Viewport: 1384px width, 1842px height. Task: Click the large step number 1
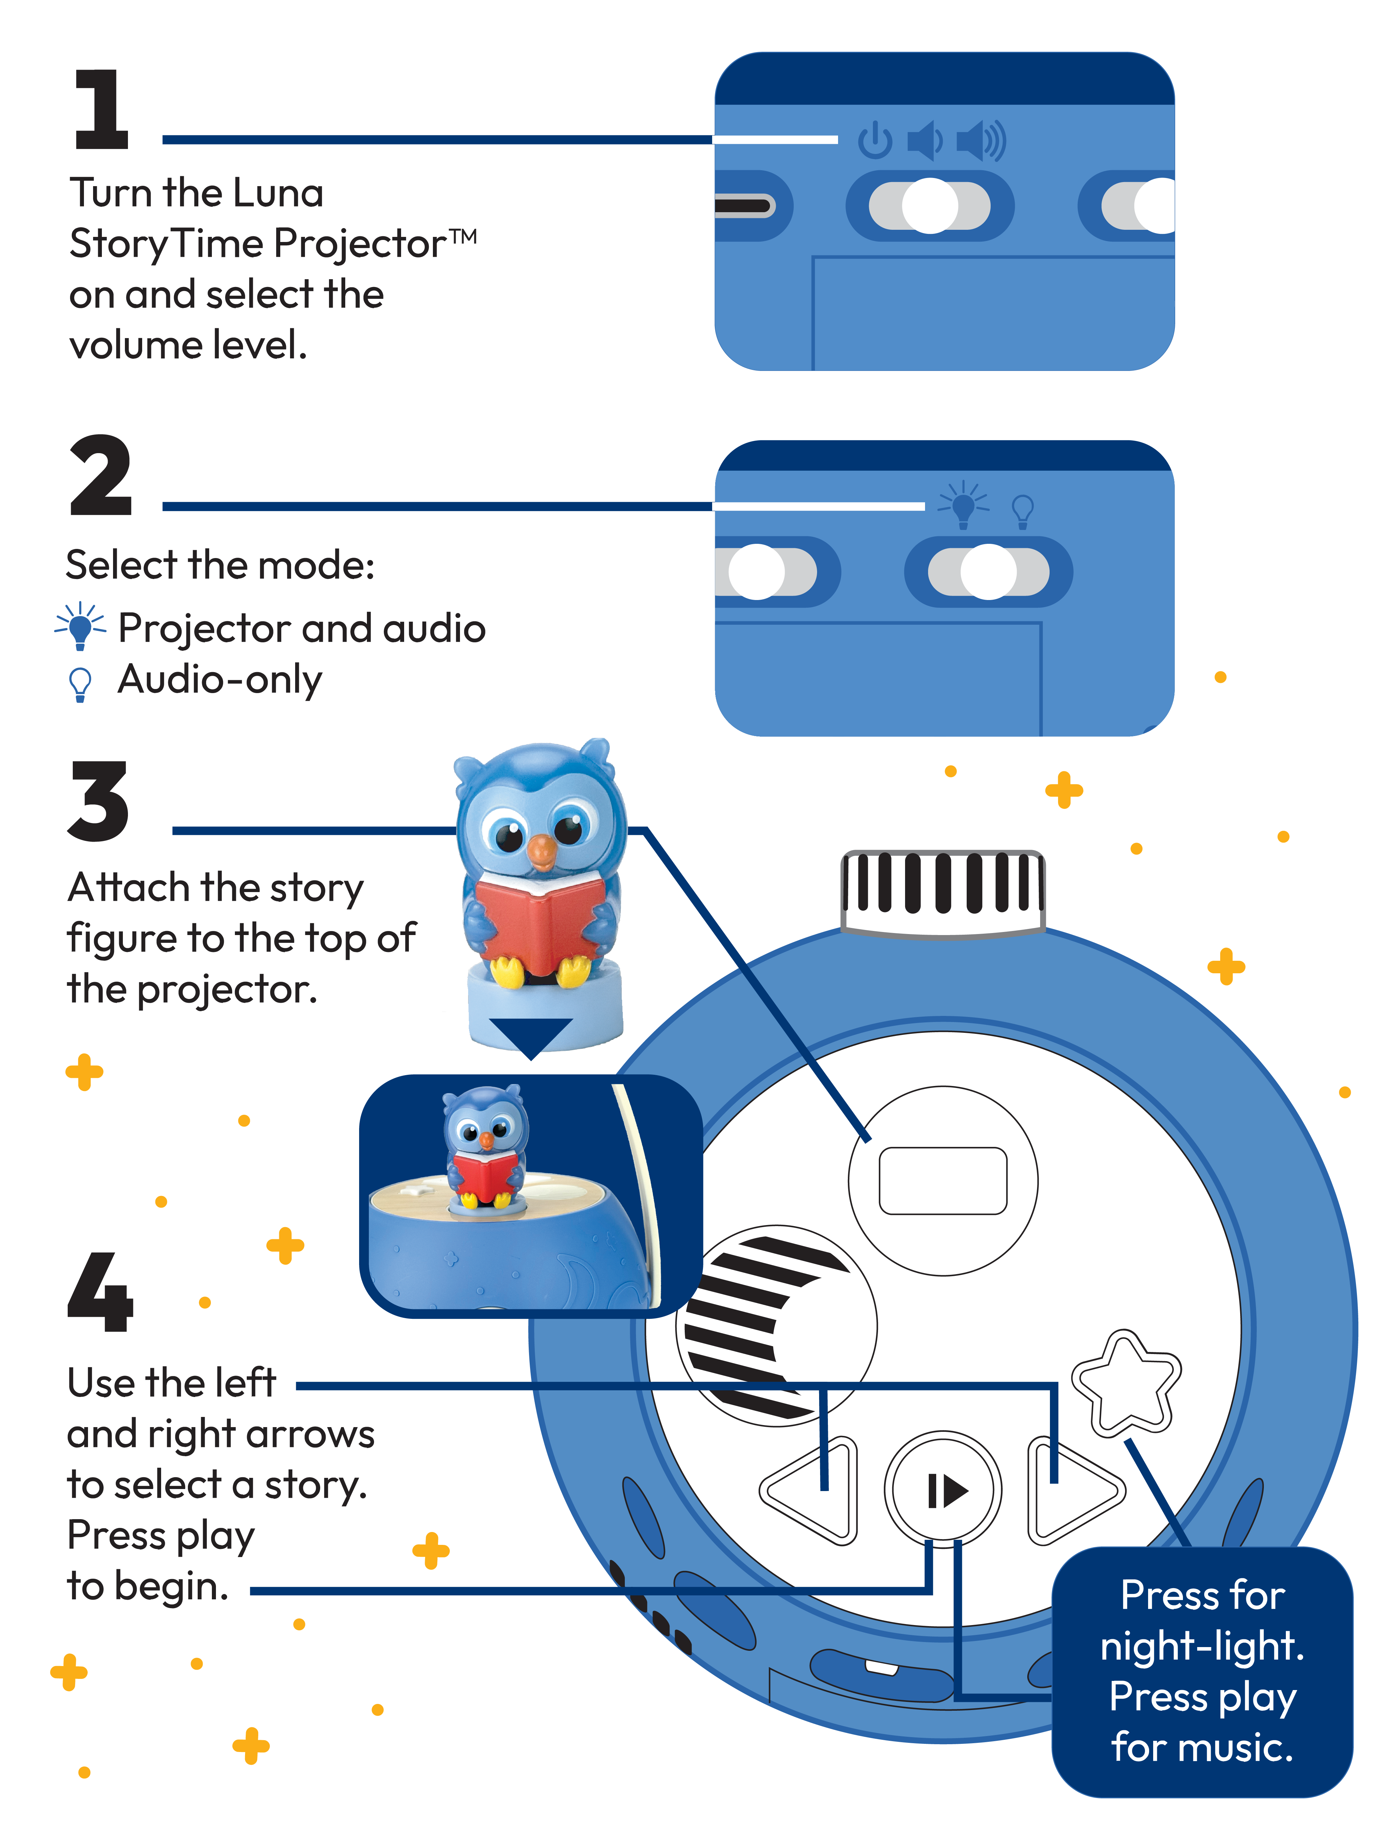(102, 110)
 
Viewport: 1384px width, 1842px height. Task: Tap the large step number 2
(101, 476)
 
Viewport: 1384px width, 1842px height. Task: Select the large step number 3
(98, 801)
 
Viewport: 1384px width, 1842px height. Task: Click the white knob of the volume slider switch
(930, 206)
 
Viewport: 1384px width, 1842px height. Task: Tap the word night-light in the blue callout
(1202, 1646)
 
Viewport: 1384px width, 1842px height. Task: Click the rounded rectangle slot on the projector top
(943, 1181)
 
